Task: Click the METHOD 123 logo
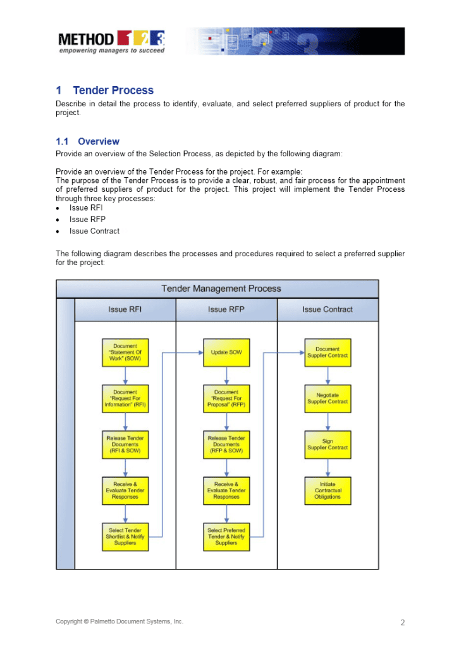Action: [112, 42]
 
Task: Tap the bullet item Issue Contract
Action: [94, 231]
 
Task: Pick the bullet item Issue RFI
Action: [86, 208]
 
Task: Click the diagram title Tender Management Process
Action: [221, 289]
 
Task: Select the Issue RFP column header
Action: [226, 309]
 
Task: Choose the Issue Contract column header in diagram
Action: [327, 309]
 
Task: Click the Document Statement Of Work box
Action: [125, 352]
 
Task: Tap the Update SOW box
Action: [226, 352]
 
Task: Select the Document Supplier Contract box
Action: [327, 352]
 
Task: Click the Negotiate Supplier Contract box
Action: [327, 399]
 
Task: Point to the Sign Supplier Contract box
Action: [327, 444]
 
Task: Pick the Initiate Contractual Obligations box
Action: [327, 490]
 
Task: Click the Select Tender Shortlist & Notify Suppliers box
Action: [125, 537]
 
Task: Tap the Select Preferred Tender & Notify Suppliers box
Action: [226, 537]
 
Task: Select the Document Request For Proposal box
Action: [226, 399]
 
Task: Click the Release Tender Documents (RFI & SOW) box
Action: [125, 444]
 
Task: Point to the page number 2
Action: [402, 623]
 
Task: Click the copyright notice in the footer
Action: [119, 621]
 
